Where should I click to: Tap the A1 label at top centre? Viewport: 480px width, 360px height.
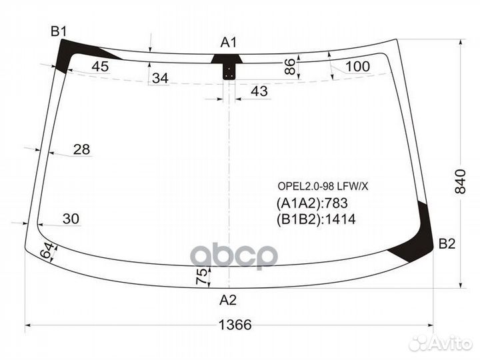229,43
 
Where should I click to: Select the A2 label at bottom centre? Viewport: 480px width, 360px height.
228,299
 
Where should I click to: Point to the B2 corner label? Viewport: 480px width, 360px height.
447,245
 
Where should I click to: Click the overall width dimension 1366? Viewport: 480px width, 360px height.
235,325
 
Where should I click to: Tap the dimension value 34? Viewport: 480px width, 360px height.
160,79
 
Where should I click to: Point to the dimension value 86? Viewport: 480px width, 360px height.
289,66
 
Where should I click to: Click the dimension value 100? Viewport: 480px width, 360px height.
357,66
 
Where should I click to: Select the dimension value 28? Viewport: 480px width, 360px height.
81,149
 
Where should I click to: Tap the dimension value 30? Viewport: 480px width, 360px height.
70,218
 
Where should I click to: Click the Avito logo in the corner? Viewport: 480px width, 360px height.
441,343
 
